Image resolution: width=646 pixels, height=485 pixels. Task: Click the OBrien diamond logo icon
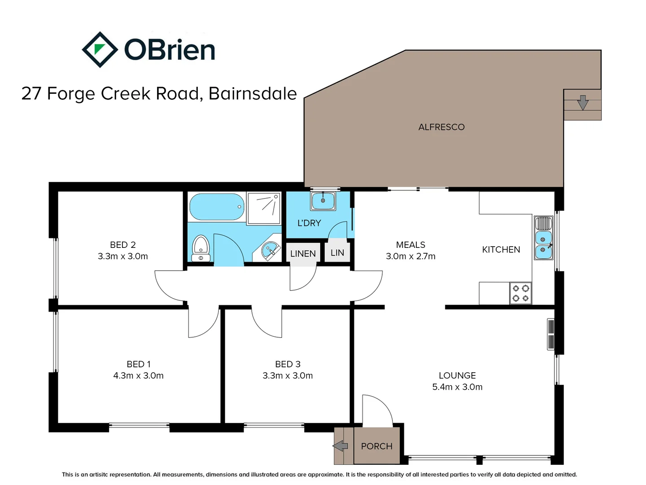coord(100,49)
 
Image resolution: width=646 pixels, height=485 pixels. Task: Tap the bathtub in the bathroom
coord(217,207)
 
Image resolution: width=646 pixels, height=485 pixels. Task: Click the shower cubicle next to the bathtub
coord(264,208)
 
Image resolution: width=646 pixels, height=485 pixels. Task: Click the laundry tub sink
coord(323,201)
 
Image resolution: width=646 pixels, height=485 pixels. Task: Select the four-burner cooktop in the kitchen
coord(521,293)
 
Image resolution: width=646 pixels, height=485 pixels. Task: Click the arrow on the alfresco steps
coord(583,102)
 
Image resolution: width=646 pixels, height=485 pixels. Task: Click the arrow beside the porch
coord(340,446)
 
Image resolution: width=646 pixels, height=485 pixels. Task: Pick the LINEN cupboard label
coord(303,254)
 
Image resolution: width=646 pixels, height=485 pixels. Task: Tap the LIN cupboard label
coord(337,253)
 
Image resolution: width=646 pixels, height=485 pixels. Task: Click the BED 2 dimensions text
coord(122,256)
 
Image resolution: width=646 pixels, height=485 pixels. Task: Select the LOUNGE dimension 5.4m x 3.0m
coord(457,387)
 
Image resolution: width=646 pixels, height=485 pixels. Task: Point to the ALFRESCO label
coord(441,127)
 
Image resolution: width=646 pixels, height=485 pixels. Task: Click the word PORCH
coord(376,446)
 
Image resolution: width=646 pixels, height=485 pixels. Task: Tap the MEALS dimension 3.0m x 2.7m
coord(410,256)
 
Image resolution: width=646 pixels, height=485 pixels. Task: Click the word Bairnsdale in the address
coord(253,93)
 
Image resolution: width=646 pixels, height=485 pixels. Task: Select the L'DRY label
coord(309,223)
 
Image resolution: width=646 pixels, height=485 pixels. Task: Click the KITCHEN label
coord(501,250)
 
